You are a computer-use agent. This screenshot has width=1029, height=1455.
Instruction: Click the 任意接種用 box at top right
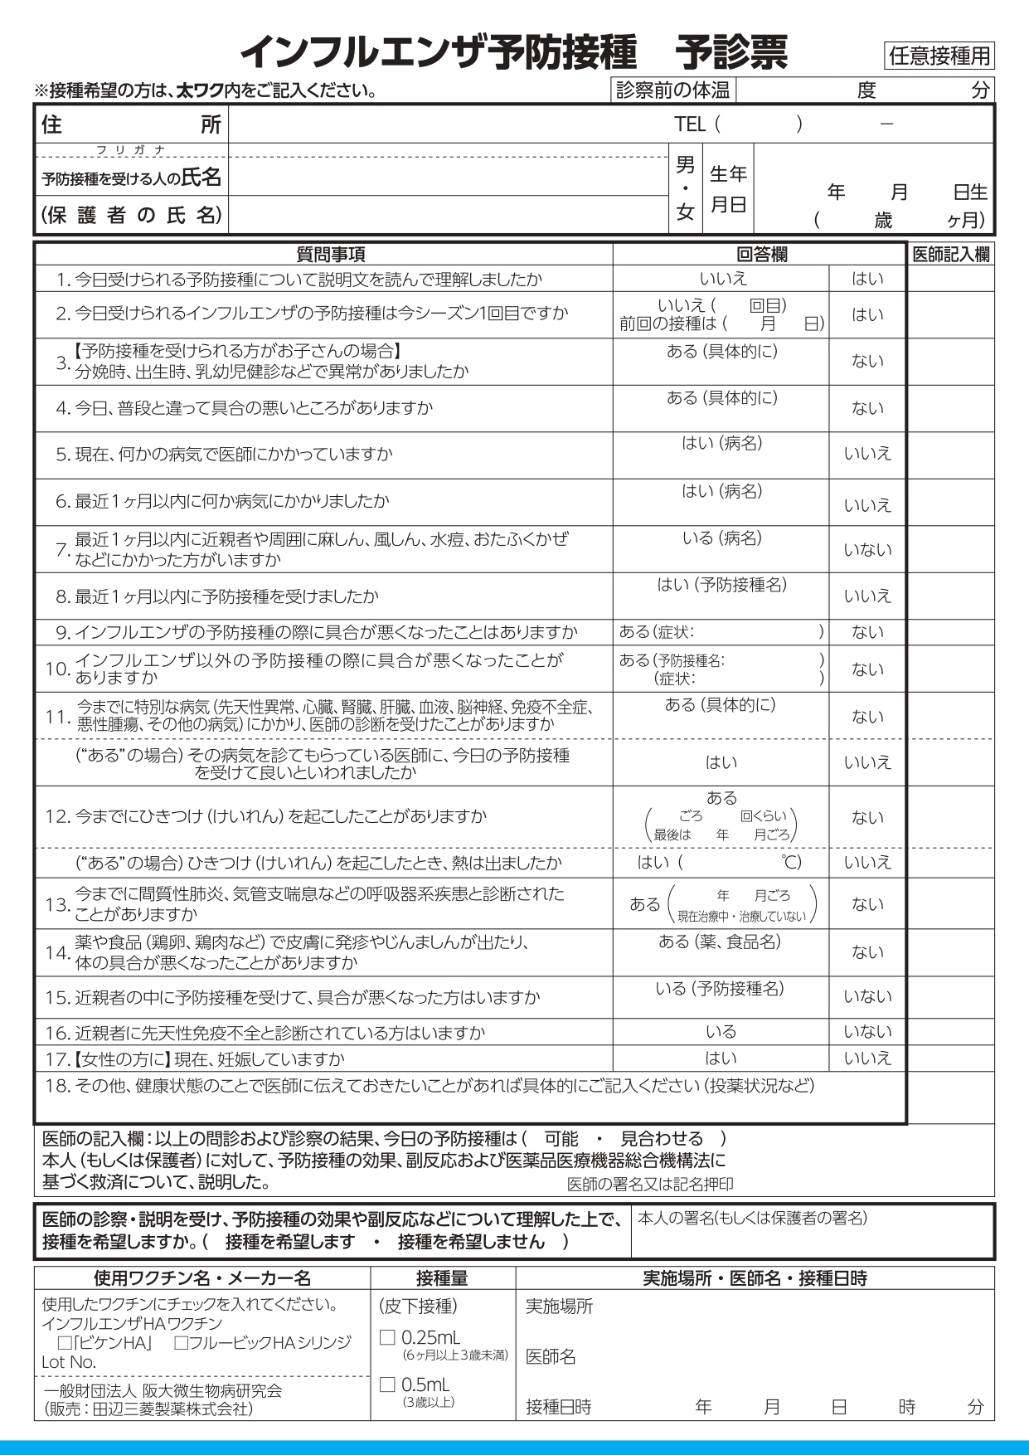coord(939,56)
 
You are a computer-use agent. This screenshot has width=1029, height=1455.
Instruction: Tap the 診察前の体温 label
coord(672,90)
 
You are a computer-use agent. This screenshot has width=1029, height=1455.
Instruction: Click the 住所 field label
coord(131,124)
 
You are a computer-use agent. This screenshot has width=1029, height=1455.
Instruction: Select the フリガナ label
coord(131,150)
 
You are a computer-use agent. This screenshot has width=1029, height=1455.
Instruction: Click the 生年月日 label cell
coord(728,189)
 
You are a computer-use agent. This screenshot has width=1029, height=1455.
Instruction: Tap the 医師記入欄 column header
coord(950,255)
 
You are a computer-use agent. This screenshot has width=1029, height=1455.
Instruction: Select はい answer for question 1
coord(867,279)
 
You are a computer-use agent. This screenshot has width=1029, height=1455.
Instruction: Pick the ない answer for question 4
coord(867,408)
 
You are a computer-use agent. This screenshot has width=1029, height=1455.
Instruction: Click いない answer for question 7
coord(867,550)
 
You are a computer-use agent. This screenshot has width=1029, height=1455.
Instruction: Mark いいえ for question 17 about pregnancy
coord(867,1058)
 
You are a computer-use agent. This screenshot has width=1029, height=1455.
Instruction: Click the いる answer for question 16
coord(721,1032)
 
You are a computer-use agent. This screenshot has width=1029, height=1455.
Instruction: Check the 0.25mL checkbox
coord(387,1337)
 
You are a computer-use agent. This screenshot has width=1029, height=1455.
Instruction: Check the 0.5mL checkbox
coord(387,1384)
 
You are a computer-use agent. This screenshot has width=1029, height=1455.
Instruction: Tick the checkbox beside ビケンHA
coord(65,1342)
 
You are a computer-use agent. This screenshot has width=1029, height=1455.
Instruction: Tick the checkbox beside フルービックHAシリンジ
coord(182,1342)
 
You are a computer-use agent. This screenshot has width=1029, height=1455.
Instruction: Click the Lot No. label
coord(69,1362)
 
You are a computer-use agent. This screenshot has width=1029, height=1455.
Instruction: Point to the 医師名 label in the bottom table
coord(551,1356)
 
